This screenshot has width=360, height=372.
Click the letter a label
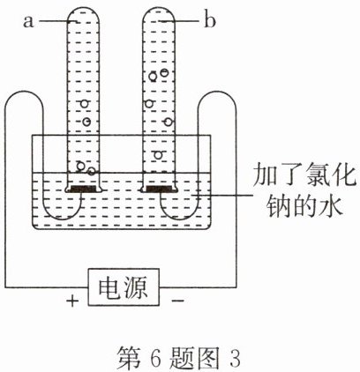(x=28, y=22)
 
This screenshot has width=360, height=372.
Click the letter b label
(x=209, y=20)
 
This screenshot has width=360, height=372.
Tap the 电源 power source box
(x=124, y=286)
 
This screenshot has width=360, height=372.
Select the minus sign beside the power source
(x=178, y=300)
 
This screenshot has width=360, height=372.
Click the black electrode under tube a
(x=82, y=189)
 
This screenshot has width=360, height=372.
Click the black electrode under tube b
(x=159, y=189)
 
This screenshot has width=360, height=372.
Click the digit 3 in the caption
(x=234, y=358)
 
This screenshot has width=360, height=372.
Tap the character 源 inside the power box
(x=136, y=287)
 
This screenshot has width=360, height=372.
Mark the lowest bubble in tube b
(x=158, y=155)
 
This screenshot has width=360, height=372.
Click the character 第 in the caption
(x=129, y=358)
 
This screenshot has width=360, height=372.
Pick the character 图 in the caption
(x=208, y=358)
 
